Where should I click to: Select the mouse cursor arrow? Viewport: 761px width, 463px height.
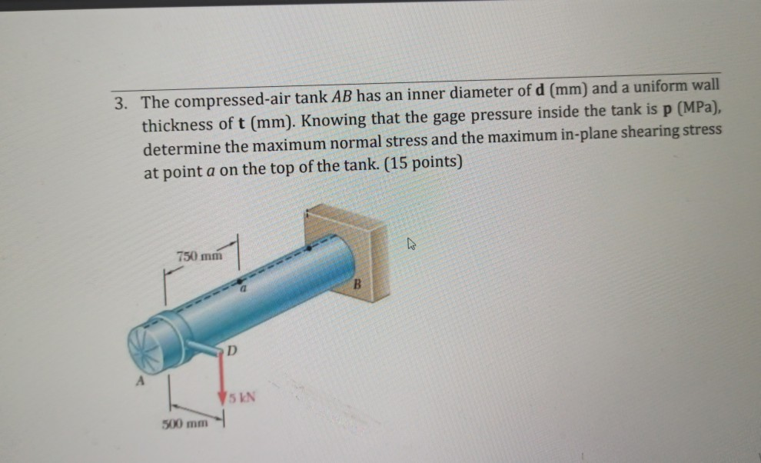coord(411,245)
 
